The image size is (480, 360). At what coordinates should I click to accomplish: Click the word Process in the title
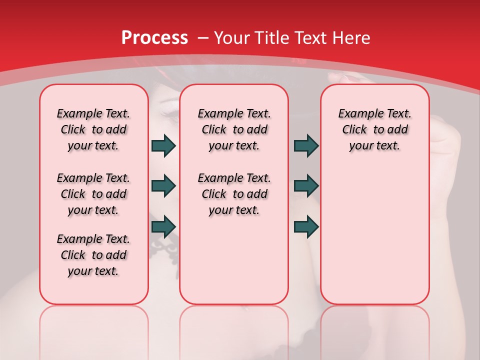click(154, 37)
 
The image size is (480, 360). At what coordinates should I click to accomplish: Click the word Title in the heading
click(274, 37)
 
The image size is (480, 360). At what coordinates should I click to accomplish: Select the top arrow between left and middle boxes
click(163, 145)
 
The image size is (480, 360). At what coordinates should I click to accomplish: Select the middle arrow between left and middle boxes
click(163, 186)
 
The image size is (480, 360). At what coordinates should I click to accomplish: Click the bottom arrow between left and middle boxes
click(163, 226)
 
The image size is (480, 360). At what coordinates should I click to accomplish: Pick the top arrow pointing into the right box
click(306, 145)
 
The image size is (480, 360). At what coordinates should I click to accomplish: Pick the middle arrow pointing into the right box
click(306, 186)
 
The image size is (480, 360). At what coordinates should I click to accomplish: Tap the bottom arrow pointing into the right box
click(306, 226)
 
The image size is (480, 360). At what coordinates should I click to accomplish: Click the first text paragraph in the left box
click(93, 129)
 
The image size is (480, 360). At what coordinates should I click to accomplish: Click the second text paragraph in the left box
click(93, 194)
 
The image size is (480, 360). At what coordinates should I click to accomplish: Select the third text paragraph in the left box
click(93, 255)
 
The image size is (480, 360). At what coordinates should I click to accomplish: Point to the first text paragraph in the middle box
click(234, 129)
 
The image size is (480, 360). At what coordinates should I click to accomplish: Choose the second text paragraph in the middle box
click(234, 194)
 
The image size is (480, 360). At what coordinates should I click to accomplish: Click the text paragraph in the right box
click(375, 129)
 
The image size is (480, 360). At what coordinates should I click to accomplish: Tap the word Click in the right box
click(354, 130)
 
